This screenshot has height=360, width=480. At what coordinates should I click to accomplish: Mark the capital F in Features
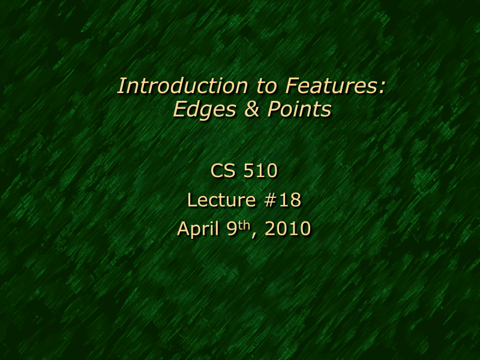pos(292,86)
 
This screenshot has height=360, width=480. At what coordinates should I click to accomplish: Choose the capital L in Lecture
pos(192,200)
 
